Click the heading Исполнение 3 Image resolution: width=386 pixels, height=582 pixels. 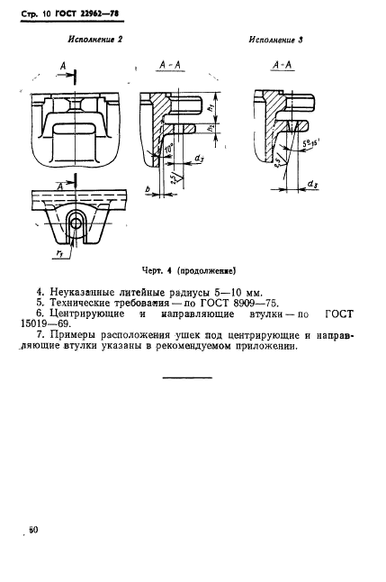(274, 41)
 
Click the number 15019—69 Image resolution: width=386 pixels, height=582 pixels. (64, 328)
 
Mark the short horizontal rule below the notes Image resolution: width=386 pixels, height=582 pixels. (186, 377)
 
